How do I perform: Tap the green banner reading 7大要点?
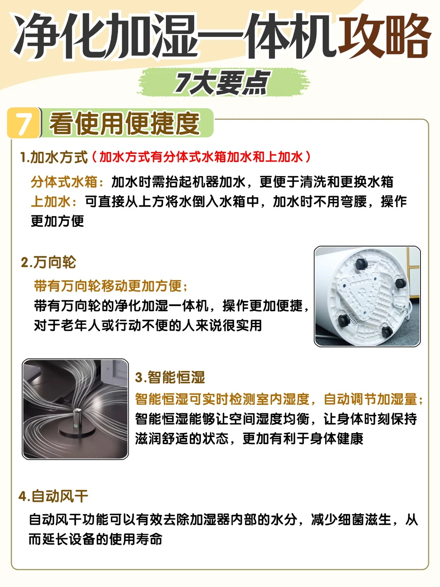pos(224,82)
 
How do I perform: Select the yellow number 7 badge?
pos(24,123)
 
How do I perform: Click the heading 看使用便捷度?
pos(125,123)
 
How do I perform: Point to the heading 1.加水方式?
pos(54,157)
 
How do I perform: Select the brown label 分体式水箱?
pos(67,182)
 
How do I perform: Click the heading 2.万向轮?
pos(48,262)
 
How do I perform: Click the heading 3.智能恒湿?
pos(170,378)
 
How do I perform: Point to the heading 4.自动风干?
pos(53,496)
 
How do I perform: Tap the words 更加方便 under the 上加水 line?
pos(57,221)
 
